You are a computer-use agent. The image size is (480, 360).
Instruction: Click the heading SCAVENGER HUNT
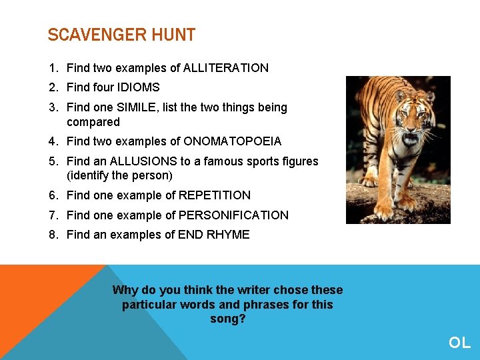pos(121,35)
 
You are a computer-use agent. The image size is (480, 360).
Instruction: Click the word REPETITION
pos(214,195)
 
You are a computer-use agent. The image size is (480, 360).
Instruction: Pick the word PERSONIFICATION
pos(233,215)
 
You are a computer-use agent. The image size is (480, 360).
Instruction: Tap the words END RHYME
pos(213,235)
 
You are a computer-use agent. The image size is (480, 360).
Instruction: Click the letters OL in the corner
pos(459,343)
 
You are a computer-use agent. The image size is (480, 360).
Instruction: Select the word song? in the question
pos(228,319)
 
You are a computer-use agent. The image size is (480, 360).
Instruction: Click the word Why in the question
pos(125,290)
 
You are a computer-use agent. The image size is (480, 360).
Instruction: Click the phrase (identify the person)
pos(119,176)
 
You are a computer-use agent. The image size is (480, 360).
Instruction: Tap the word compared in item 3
pos(93,122)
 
